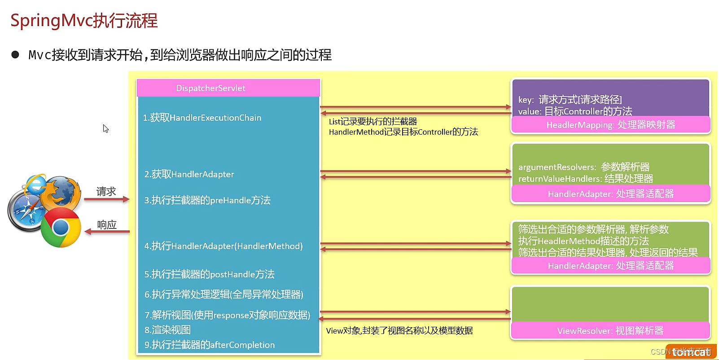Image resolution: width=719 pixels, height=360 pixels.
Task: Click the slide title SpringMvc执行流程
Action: (x=84, y=21)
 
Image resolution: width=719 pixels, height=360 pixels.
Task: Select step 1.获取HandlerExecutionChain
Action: (x=202, y=118)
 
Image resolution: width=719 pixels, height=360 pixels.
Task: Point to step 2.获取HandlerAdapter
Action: (x=189, y=174)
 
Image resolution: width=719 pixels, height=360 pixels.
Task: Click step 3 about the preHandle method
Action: (x=207, y=200)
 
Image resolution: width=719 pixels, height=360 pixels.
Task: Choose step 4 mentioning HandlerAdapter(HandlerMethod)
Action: (x=224, y=246)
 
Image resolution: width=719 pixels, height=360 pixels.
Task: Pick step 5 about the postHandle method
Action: (x=209, y=274)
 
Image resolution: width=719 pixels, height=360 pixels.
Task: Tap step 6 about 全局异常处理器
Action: (x=224, y=294)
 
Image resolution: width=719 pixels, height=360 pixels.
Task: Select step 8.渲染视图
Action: (x=167, y=330)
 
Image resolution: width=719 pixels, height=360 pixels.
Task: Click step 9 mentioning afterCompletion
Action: (x=209, y=345)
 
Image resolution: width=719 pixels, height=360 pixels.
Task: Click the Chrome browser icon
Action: (x=61, y=227)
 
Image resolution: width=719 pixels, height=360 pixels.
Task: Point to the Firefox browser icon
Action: (x=62, y=192)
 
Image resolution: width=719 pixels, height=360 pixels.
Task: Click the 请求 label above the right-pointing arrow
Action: (x=106, y=192)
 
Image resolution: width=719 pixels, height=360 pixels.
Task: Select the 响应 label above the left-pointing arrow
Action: (x=107, y=224)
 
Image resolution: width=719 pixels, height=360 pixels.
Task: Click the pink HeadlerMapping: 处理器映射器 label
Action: (x=610, y=125)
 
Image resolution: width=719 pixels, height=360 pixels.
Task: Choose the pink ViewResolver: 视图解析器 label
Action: (x=610, y=331)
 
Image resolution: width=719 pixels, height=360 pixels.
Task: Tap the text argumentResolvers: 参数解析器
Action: (x=584, y=167)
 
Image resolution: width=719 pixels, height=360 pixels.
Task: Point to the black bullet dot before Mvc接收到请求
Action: (x=15, y=55)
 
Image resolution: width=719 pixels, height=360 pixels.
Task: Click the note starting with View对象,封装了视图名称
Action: (x=399, y=331)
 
